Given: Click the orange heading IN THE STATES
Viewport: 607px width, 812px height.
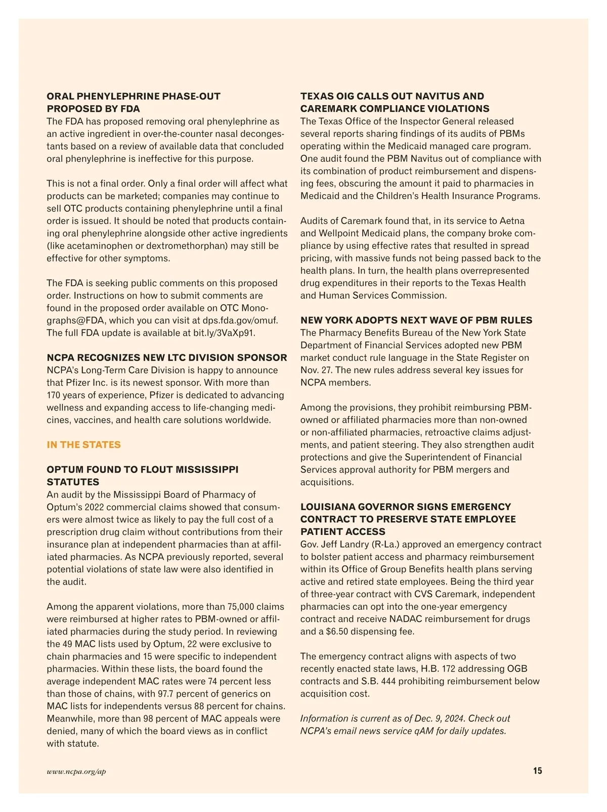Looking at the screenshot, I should click(83, 445).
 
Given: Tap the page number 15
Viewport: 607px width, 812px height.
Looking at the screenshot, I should click(537, 771).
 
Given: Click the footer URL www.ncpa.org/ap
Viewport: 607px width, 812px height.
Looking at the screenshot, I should click(76, 772).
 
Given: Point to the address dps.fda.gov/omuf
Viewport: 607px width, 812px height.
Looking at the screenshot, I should click(240, 321).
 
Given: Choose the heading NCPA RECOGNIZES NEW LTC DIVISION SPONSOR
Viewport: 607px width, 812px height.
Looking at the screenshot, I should click(167, 358).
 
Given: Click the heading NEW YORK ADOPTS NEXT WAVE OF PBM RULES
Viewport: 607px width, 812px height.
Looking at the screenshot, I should click(416, 321).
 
